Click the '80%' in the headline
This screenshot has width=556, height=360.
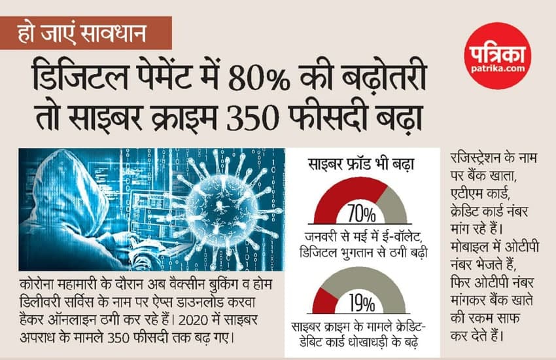click(256, 79)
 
